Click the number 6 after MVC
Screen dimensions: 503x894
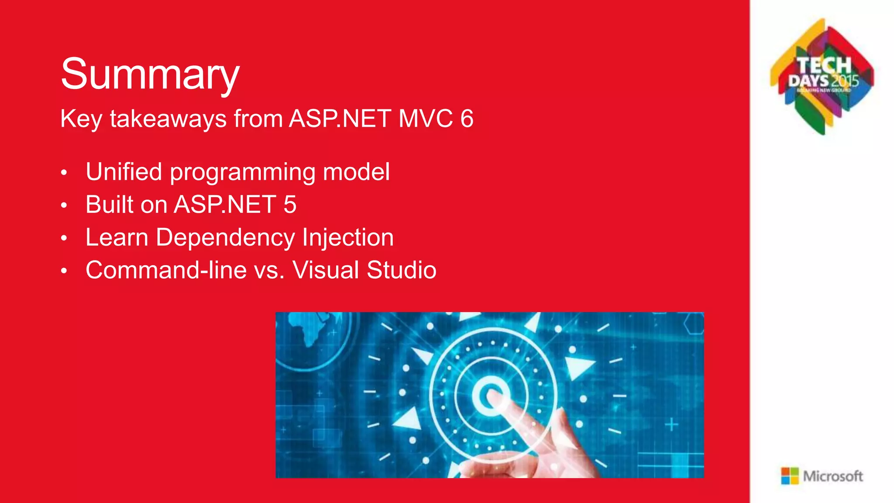tap(467, 119)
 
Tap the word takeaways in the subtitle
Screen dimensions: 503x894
tap(168, 119)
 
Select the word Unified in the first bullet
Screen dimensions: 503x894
tap(124, 171)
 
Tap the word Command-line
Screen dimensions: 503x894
tap(166, 270)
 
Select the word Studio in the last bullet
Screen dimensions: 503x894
tap(401, 270)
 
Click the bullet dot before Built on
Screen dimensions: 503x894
tap(64, 205)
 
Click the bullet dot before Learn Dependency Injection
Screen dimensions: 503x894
tap(64, 238)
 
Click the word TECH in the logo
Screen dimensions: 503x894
tap(824, 66)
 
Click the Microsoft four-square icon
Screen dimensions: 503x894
tap(790, 476)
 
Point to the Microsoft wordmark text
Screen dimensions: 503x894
tap(833, 476)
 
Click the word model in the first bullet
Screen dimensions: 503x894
tap(356, 171)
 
